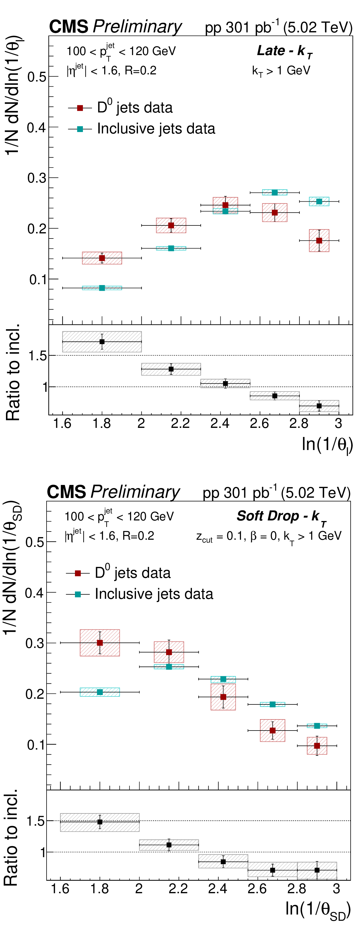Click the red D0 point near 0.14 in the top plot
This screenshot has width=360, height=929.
click(102, 258)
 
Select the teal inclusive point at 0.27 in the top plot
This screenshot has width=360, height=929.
click(275, 192)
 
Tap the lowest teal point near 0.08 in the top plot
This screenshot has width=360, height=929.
click(102, 288)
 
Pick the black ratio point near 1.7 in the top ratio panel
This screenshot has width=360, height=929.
click(102, 342)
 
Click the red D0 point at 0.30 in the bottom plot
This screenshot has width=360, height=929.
click(100, 643)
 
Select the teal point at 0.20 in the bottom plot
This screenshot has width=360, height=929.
click(100, 692)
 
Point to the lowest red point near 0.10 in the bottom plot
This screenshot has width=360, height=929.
click(317, 745)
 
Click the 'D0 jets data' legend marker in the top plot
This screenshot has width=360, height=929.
click(80, 108)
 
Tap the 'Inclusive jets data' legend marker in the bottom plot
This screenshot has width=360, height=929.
click(78, 594)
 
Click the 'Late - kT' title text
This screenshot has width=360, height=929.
click(284, 51)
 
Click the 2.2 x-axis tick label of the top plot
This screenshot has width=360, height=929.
click(180, 423)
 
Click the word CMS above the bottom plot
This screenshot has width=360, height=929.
click(66, 492)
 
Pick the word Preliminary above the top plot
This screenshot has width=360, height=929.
click(137, 27)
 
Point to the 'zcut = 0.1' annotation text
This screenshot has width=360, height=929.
click(220, 536)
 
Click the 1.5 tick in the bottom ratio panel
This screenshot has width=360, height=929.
click(35, 821)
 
